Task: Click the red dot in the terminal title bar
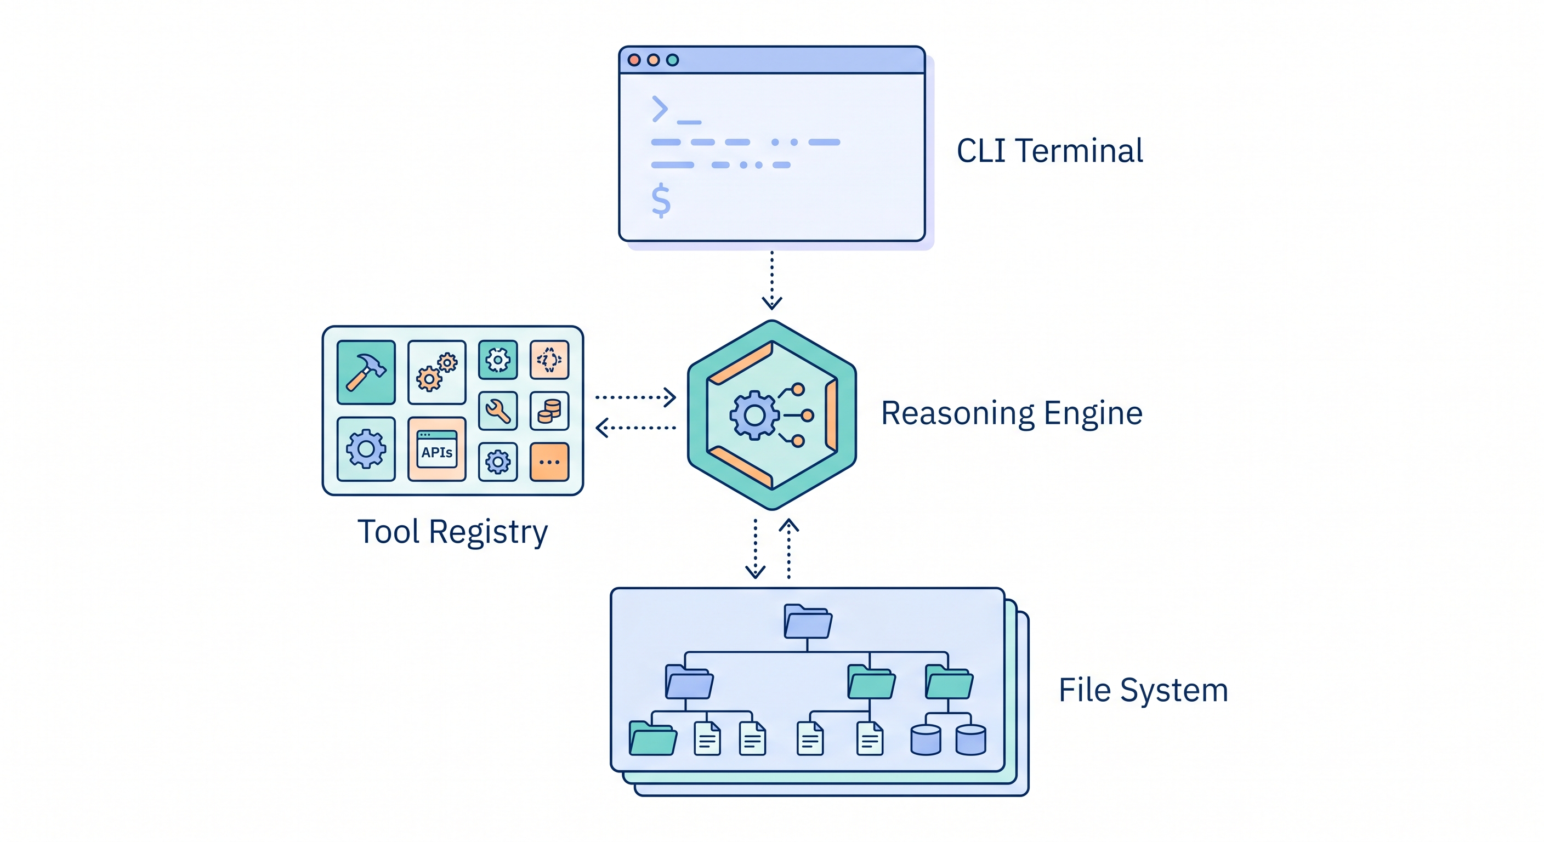(x=634, y=60)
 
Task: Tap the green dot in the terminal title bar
(x=673, y=60)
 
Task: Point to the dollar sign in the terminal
(x=661, y=200)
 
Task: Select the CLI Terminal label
(x=1049, y=150)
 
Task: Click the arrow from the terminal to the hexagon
(x=771, y=280)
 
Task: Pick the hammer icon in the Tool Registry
(x=366, y=372)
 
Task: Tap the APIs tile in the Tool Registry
(x=436, y=450)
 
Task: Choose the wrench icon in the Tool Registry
(x=497, y=411)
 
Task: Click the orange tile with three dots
(x=549, y=462)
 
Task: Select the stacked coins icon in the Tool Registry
(x=549, y=411)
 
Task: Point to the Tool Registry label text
(x=452, y=532)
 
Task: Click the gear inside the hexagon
(x=754, y=415)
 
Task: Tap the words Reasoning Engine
(x=1011, y=413)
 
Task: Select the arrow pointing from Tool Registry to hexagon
(x=635, y=397)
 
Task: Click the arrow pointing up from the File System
(x=788, y=548)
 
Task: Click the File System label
(x=1143, y=690)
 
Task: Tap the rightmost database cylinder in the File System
(x=970, y=739)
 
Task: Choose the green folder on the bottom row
(x=652, y=738)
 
